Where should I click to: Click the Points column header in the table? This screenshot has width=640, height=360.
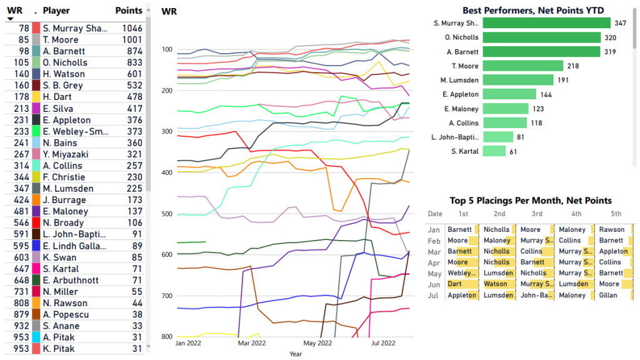129,11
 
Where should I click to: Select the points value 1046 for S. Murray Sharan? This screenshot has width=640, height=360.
132,28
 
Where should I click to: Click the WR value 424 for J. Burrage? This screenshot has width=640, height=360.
21,200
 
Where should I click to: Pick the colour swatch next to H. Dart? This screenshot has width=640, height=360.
36,97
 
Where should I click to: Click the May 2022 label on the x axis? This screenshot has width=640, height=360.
318,343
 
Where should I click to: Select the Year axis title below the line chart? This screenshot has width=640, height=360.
296,354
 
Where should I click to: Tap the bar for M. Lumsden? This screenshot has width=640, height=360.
518,80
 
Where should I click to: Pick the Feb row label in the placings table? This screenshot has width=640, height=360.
434,240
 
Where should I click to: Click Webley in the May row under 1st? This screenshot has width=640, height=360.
460,273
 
